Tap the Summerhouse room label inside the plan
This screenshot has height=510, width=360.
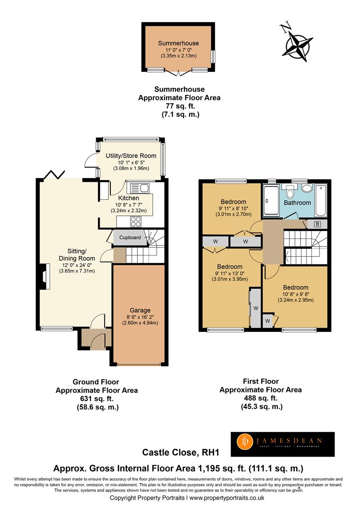[x=178, y=43]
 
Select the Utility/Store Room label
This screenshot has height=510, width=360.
[x=131, y=156]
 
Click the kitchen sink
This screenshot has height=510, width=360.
[x=139, y=188]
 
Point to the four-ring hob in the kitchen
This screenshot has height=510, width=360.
[x=136, y=222]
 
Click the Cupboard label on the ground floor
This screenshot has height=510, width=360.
[x=130, y=238]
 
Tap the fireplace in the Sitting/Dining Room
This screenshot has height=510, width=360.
[x=44, y=276]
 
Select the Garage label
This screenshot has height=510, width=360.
[x=140, y=310]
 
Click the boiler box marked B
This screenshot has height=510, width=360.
[x=317, y=224]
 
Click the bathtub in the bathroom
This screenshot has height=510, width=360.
[x=321, y=201]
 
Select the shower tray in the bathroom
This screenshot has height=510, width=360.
[x=271, y=200]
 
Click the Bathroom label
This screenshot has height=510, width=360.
[x=297, y=203]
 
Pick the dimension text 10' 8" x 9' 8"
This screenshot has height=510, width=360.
[x=296, y=294]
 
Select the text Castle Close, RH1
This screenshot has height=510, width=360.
[x=181, y=452]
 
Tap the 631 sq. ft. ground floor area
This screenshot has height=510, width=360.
[x=97, y=399]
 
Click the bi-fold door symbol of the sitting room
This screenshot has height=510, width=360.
[x=54, y=174]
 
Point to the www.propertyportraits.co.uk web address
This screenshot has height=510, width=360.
[x=227, y=498]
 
